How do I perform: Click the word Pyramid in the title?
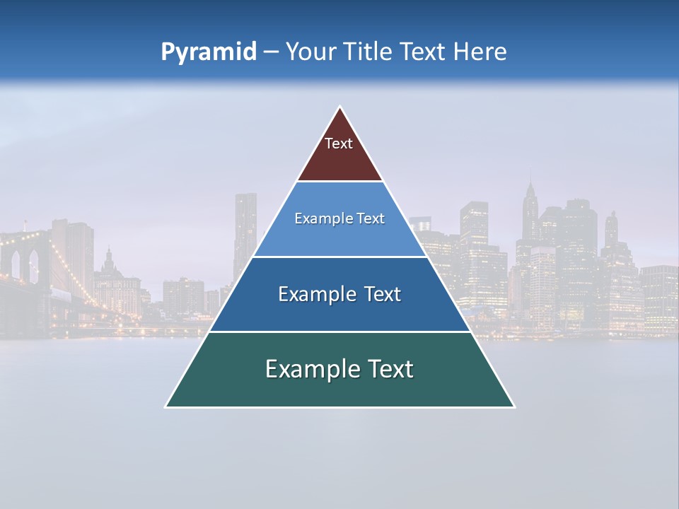coord(209,52)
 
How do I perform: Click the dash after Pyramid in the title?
coord(271,52)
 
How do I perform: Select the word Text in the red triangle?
coord(339,144)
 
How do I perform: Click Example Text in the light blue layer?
coord(339,218)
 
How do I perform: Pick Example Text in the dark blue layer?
coord(339,294)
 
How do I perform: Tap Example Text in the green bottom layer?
coord(339,369)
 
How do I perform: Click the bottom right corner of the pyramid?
coord(513,406)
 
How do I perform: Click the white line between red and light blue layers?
coord(340,181)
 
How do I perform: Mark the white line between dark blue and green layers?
coord(340,332)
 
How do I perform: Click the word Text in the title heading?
coord(424,52)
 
